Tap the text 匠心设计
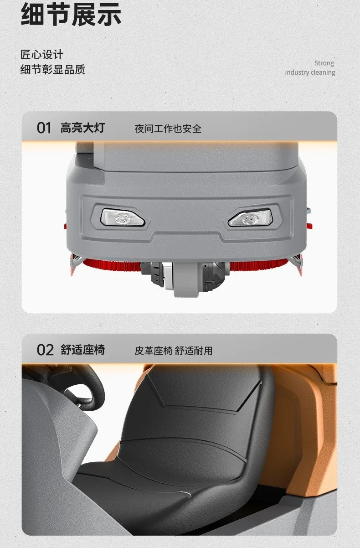42,54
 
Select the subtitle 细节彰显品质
53,69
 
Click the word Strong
324,63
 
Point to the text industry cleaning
310,72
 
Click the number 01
44,128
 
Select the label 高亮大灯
82,128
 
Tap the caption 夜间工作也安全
168,129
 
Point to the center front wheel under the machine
186,279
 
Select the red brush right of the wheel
259,264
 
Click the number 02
45,350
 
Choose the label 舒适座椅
82,350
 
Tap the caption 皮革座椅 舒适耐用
173,351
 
